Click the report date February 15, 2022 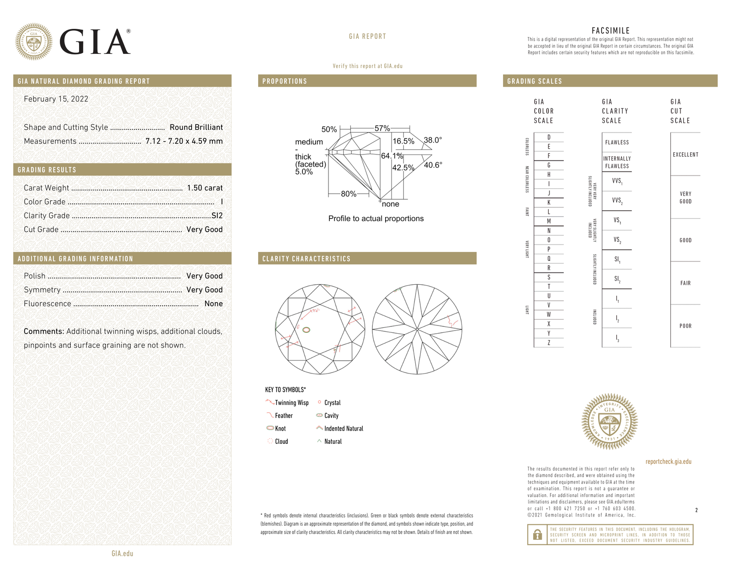point(56,99)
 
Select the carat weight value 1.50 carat point(205,188)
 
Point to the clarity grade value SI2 point(217,215)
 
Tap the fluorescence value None point(214,304)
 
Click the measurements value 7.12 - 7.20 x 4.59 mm point(184,141)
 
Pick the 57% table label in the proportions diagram point(382,128)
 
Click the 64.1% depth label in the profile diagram point(392,156)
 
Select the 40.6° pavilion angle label point(433,165)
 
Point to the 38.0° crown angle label point(433,140)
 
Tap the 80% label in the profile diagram point(349,194)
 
